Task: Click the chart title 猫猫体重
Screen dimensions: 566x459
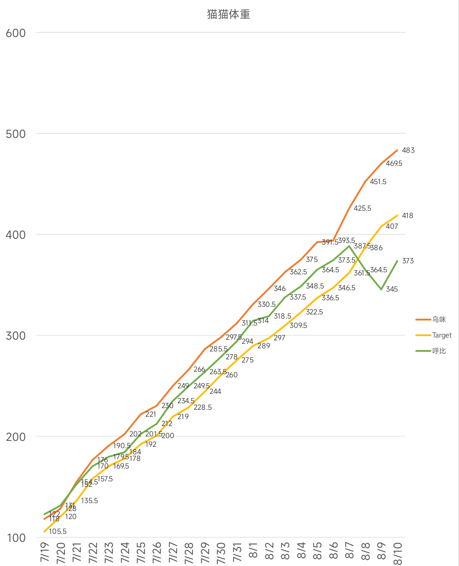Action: point(228,14)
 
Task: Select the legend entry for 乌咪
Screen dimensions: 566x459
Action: point(439,320)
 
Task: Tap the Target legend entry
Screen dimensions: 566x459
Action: point(441,335)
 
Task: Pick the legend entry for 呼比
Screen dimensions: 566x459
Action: point(439,351)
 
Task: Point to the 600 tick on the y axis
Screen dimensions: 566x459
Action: point(16,33)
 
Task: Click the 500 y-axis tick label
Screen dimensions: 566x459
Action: point(16,134)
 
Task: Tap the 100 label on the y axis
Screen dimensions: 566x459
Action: point(16,538)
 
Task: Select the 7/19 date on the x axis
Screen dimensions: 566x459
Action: point(45,552)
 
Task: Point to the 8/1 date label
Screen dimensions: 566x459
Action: point(253,550)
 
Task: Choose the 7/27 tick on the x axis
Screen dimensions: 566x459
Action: point(173,552)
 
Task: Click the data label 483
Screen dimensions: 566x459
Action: point(408,150)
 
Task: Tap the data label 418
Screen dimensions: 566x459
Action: point(408,216)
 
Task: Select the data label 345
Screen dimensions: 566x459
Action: point(392,289)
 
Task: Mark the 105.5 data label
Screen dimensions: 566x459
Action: point(58,531)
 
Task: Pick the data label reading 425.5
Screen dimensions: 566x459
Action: point(362,208)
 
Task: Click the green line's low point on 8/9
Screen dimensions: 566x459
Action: point(381,290)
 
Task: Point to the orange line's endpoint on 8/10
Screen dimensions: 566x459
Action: point(398,150)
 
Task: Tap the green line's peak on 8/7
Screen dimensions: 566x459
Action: point(349,246)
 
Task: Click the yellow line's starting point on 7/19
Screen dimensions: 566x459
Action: point(45,531)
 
